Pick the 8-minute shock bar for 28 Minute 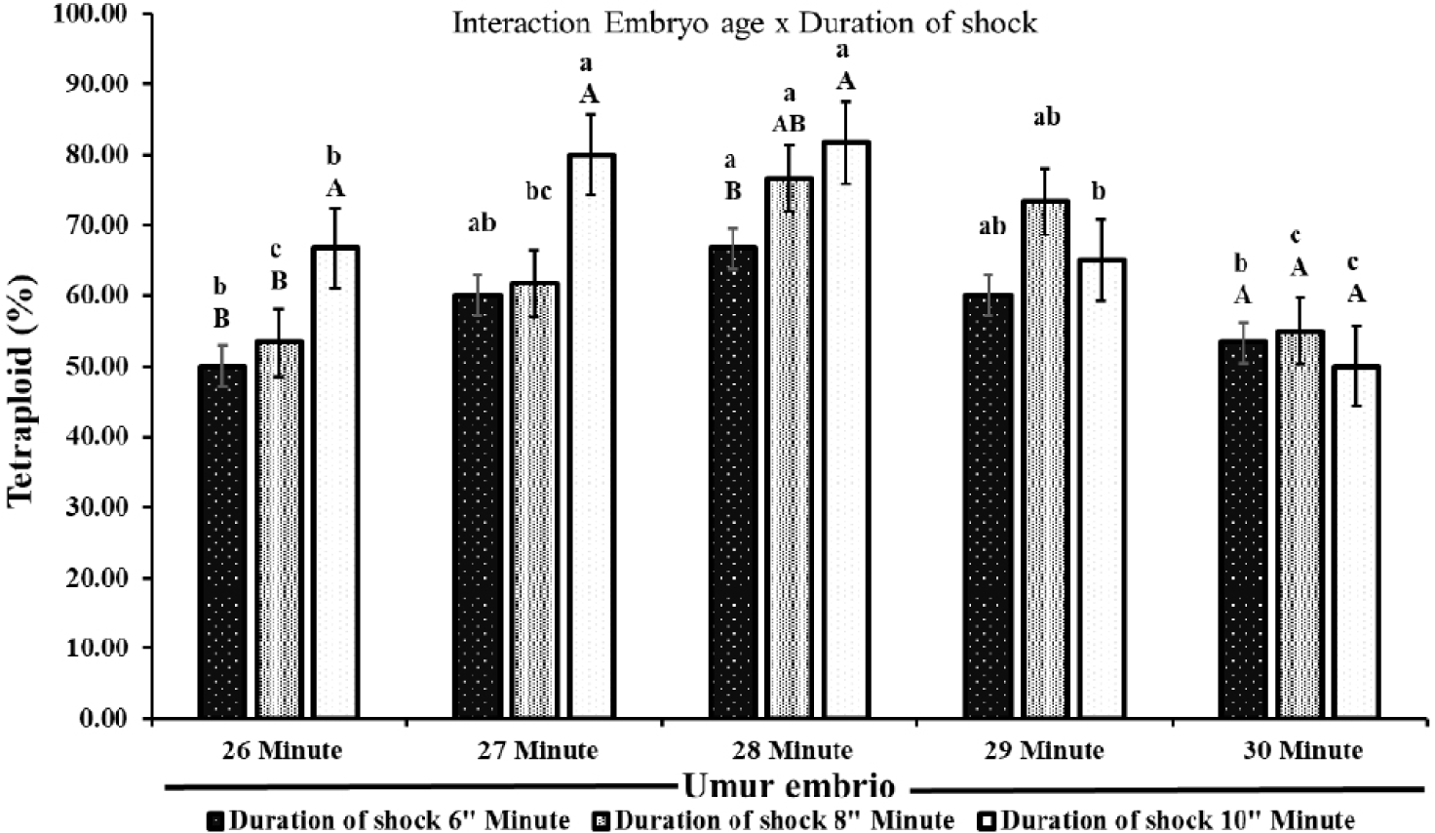[790, 448]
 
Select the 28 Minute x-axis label [790, 751]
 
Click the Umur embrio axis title [788, 786]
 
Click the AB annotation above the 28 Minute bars [789, 125]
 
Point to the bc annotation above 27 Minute [538, 191]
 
